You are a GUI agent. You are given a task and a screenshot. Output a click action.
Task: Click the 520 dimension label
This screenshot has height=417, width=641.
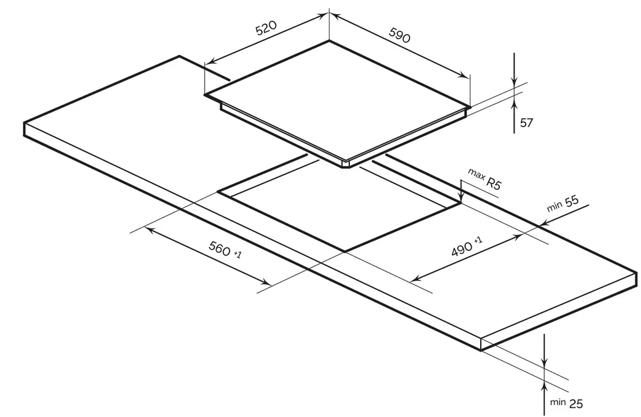[x=266, y=28]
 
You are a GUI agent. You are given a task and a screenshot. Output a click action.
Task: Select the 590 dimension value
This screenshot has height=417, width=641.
[x=399, y=35]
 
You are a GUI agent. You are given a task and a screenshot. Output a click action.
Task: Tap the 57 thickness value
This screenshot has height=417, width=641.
[x=526, y=123]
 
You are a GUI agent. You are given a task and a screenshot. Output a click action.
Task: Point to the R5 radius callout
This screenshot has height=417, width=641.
[x=493, y=183]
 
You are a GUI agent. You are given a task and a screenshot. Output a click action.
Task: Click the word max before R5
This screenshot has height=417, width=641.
[x=476, y=174]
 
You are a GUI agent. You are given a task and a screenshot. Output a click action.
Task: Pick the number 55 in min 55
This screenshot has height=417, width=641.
[x=572, y=201]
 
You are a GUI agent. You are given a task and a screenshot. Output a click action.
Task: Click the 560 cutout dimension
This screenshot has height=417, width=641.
[x=219, y=248]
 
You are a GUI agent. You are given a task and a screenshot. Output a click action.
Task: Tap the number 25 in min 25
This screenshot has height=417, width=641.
[x=576, y=404]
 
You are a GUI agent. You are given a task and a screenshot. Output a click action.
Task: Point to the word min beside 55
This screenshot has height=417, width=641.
[x=554, y=207]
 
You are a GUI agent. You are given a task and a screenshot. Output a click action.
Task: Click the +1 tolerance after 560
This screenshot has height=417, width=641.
[x=238, y=255]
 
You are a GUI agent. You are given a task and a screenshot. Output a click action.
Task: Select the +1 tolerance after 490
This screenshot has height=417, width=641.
[x=478, y=240]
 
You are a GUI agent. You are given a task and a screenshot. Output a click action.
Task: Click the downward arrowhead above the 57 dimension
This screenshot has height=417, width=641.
[x=514, y=81]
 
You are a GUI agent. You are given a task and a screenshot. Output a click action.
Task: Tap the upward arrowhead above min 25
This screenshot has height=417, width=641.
[x=544, y=385]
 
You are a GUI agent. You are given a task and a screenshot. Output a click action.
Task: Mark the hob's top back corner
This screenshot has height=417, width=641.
[x=329, y=40]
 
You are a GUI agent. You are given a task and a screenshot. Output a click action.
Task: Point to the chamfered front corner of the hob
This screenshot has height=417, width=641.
[x=346, y=164]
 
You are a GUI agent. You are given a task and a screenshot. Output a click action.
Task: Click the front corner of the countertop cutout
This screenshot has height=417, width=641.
[x=345, y=251]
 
